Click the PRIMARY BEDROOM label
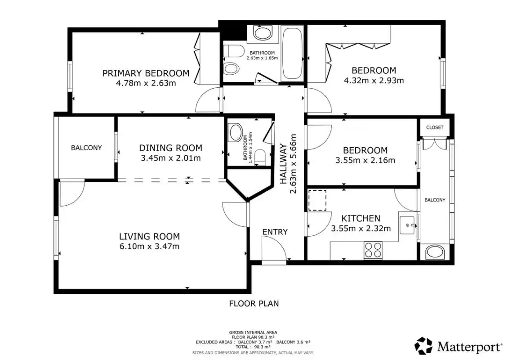click(146, 73)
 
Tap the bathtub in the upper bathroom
click(292, 54)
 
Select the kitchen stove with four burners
click(373, 250)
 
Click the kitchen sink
click(407, 225)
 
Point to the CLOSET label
click(435, 127)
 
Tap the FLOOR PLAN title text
click(254, 304)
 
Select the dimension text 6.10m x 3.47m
click(149, 246)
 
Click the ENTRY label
click(275, 232)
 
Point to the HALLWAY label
click(284, 164)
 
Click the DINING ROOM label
click(171, 148)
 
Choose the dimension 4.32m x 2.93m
click(374, 80)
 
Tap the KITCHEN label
click(361, 218)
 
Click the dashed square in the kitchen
click(317, 200)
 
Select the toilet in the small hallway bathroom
click(260, 157)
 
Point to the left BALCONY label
click(86, 148)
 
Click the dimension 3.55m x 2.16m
click(365, 160)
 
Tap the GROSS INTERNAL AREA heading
click(253, 333)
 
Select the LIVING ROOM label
click(149, 236)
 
